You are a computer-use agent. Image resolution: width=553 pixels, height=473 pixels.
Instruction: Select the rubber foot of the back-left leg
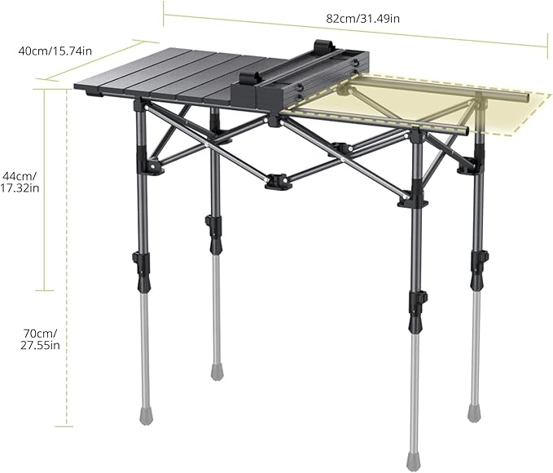coord(217,373)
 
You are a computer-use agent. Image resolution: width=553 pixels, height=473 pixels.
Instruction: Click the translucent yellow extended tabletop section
coord(440,102)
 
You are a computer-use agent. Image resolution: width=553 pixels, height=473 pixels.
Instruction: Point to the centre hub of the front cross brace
coord(278,179)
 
